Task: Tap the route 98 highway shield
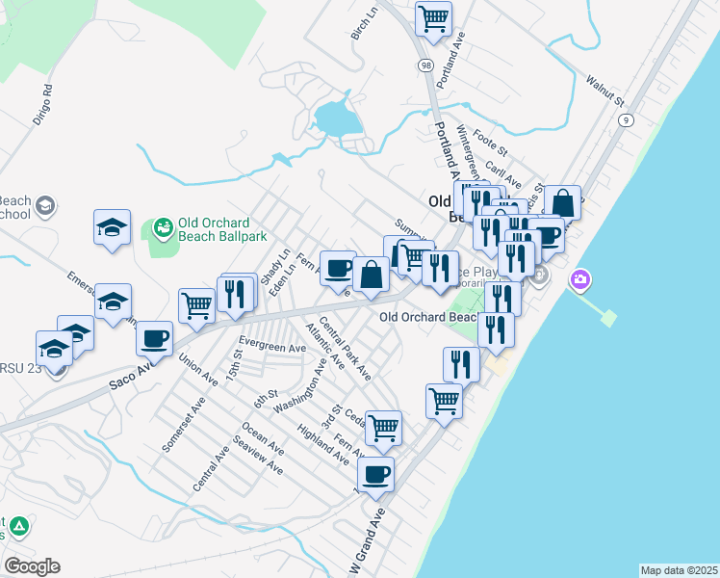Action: coord(425,65)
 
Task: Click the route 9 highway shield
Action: coord(627,119)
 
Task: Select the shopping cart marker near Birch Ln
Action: coord(434,17)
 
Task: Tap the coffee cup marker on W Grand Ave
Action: coord(376,474)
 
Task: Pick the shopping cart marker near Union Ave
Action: coord(196,305)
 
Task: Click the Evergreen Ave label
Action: coord(272,346)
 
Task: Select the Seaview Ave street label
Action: coord(258,456)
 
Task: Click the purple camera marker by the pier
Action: coord(580,280)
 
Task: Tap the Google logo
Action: coord(32,566)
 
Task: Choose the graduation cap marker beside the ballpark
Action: coord(113,227)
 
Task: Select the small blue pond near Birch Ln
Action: coord(336,119)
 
